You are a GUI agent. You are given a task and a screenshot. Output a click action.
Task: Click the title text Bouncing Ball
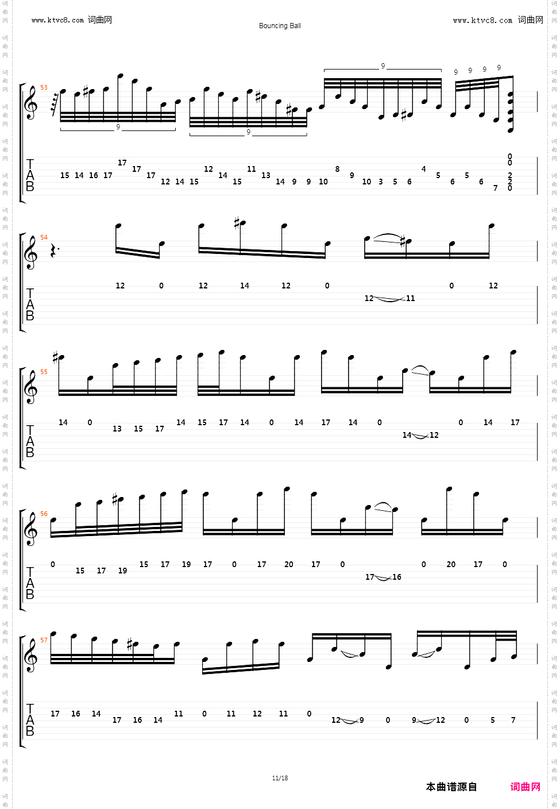pos(280,26)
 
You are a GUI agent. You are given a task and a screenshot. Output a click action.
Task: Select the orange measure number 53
pos(44,88)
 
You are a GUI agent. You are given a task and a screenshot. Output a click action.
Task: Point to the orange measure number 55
pos(44,372)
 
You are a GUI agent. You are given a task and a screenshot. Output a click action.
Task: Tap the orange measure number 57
pos(44,641)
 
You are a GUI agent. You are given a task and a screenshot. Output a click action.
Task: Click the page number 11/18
pos(280,779)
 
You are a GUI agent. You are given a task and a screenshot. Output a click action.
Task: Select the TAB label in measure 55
pos(30,441)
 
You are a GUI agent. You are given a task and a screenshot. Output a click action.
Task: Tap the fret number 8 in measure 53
pos(337,169)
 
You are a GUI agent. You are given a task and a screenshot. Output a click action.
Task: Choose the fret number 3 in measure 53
pos(381,182)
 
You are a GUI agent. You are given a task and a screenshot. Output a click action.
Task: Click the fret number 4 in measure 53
pos(424,169)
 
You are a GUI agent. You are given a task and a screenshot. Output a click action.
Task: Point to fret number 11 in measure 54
pos(410,299)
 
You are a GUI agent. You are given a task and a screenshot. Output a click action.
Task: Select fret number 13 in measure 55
pos(117,429)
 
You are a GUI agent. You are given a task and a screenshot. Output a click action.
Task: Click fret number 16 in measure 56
pos(397,577)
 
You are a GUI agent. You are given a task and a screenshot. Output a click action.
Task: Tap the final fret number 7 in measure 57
pos(513,721)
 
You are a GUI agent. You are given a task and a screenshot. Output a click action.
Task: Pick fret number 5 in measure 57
pos(492,721)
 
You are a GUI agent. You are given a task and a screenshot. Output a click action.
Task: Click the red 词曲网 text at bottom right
pos(525,787)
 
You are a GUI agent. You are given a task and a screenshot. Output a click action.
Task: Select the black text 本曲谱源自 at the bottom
pos(451,787)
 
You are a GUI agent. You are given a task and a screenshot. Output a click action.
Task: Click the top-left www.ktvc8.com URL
pos(58,20)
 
